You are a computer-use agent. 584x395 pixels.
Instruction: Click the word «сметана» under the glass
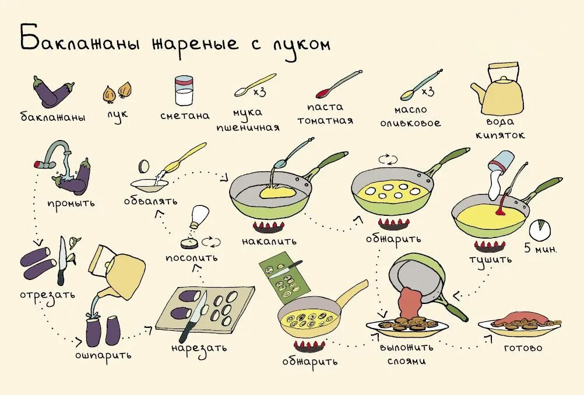click(x=185, y=116)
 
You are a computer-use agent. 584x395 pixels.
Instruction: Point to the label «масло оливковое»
click(x=410, y=116)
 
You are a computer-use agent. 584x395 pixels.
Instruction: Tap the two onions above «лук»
click(x=117, y=91)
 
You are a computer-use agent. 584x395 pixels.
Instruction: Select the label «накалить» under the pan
click(x=269, y=240)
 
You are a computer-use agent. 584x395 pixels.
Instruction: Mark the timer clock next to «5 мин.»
click(x=540, y=229)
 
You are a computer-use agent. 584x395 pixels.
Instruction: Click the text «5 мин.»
click(x=540, y=249)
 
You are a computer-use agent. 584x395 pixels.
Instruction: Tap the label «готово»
click(x=523, y=348)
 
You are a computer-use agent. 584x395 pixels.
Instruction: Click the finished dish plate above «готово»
click(x=520, y=322)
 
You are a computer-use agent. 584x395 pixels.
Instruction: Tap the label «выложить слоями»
click(x=407, y=354)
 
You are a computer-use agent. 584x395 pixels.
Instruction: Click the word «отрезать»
click(x=47, y=293)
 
